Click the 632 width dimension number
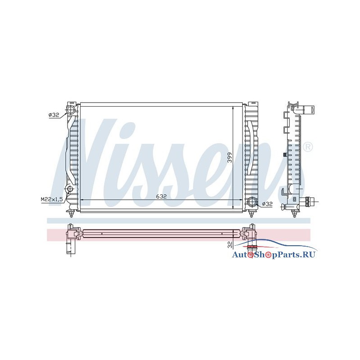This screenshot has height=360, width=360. coord(161,196)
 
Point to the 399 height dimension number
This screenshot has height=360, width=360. coord(230,158)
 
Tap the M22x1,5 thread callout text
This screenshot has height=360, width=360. coord(52,199)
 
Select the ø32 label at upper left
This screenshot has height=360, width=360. coord(54,115)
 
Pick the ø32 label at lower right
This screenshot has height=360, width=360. coord(267,203)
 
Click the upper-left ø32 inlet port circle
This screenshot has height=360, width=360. coord(71,110)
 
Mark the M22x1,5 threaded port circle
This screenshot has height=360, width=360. coord(70,189)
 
